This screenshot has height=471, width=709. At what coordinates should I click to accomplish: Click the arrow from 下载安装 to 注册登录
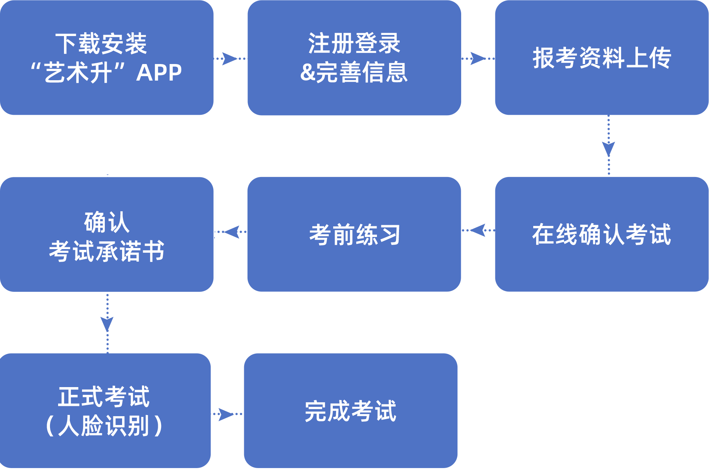[229, 59]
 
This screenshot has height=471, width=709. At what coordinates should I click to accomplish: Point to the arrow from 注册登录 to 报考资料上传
[478, 59]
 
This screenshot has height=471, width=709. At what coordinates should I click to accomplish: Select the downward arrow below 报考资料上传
[609, 148]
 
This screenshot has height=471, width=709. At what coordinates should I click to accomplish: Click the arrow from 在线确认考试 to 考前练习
[478, 230]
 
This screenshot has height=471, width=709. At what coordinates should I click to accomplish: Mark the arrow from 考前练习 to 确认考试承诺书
[232, 232]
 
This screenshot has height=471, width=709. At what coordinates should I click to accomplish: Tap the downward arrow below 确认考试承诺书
[107, 324]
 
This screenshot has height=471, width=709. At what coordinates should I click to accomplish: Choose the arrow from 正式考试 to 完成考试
[226, 414]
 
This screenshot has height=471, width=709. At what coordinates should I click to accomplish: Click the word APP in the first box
[159, 72]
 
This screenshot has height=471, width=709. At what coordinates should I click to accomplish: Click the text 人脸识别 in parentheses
[104, 426]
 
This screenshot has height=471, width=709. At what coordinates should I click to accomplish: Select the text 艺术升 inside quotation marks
[78, 72]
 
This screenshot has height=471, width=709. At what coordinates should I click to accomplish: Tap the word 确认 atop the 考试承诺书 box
[107, 223]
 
